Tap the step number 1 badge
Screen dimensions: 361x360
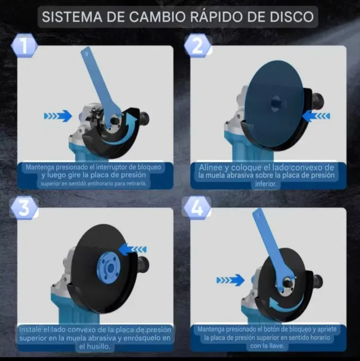click(x=23, y=46)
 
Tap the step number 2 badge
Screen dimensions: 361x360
click(x=197, y=46)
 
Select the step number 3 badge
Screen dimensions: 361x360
click(x=23, y=208)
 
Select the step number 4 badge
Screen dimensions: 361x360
click(x=197, y=208)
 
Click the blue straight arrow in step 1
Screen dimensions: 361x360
click(x=58, y=116)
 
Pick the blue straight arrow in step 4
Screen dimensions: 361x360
click(x=230, y=279)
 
